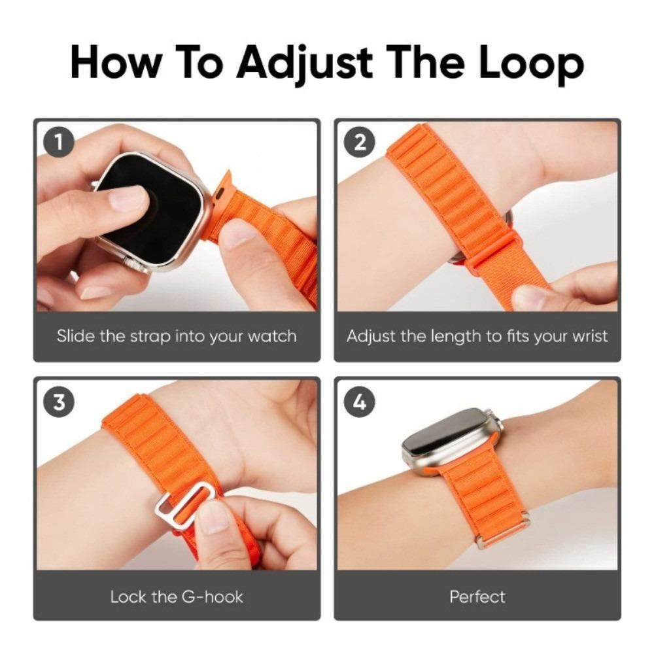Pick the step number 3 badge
(60, 402)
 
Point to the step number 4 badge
(360, 402)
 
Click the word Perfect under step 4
(477, 596)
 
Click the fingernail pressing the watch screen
(128, 198)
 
